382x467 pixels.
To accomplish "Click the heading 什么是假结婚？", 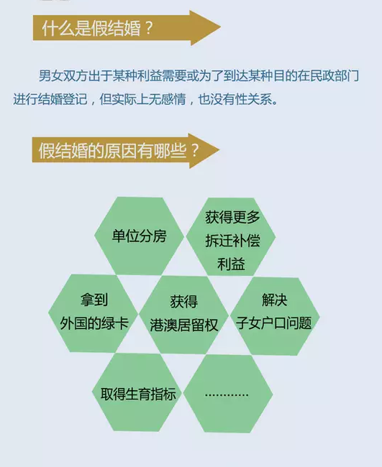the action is tap(97, 29).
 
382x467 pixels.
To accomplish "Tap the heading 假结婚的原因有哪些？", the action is tap(118, 151).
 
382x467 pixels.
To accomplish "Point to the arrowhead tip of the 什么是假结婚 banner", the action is tap(220, 27).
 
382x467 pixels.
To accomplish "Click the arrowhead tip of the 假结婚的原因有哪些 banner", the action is tap(219, 150).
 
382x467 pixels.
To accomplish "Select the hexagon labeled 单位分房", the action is tap(140, 236).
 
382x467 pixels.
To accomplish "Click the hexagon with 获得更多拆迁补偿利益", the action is tap(231, 237).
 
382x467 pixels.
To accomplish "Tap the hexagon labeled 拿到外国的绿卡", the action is tap(94, 313).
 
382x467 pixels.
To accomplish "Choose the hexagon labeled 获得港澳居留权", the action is tap(184, 315).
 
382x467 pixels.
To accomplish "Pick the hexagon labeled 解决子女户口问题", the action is tap(275, 316).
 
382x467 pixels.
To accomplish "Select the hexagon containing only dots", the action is tap(228, 394).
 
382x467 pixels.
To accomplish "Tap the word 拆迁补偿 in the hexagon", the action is tap(232, 241).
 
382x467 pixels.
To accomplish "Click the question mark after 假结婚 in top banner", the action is tap(148, 29).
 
